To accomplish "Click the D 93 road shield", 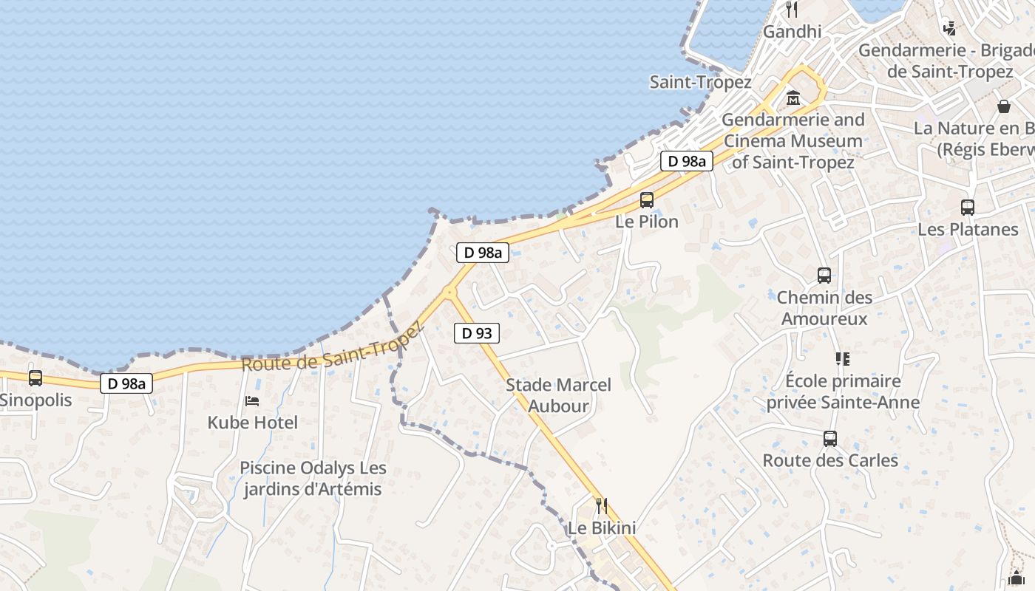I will click(477, 333).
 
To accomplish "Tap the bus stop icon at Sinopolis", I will click(35, 378).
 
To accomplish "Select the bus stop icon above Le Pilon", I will click(647, 199).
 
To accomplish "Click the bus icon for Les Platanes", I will click(968, 208).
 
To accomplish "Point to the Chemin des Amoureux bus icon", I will click(824, 276).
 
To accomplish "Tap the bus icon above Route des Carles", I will click(830, 439).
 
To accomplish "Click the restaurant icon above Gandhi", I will click(793, 10).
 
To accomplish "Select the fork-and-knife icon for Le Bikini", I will click(602, 506).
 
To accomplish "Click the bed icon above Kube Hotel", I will click(252, 401).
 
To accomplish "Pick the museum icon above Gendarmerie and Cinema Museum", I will click(793, 98).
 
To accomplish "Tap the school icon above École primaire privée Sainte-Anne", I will click(843, 359).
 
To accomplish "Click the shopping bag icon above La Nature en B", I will click(1004, 106).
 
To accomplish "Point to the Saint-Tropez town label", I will click(700, 82).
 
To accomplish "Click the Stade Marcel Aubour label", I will click(558, 395).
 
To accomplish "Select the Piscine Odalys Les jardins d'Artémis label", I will click(313, 479).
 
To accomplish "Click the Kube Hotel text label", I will click(253, 423).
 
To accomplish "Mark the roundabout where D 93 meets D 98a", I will click(449, 292).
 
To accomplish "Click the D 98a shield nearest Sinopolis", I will click(126, 383).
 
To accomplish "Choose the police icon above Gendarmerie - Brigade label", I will click(949, 28).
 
